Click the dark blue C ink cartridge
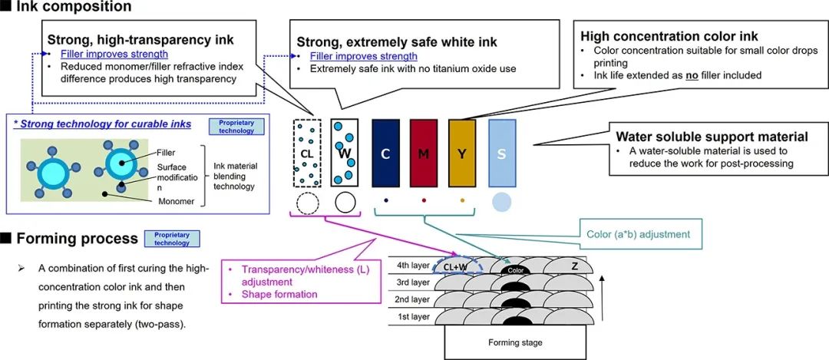[385, 154]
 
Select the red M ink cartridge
[424, 154]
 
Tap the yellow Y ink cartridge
[462, 154]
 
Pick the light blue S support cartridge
[502, 154]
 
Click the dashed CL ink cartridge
[307, 153]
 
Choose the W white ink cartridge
[345, 153]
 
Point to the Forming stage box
[515, 342]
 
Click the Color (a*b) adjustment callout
[638, 233]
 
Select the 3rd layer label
[413, 282]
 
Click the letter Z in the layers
[575, 266]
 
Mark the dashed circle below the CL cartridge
[307, 203]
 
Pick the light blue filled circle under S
[502, 201]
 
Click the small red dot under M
[424, 200]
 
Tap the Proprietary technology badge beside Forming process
[173, 239]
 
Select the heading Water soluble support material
[712, 137]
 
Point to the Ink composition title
[74, 7]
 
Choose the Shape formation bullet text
[279, 294]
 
